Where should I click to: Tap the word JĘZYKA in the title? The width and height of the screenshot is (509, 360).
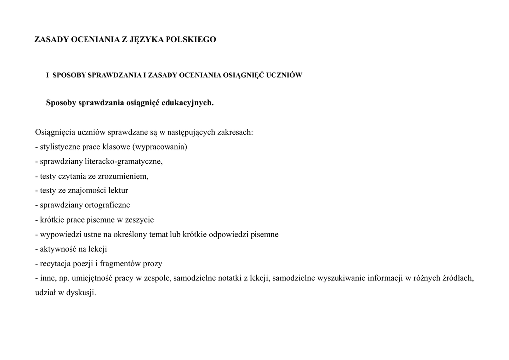(x=145, y=39)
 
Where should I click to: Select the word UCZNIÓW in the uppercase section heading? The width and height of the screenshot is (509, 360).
(x=284, y=75)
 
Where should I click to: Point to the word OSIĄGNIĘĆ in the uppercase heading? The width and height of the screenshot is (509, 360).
(x=241, y=75)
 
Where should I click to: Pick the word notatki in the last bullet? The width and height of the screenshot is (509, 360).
(x=229, y=278)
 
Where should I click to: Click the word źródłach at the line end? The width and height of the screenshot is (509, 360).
(x=458, y=278)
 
